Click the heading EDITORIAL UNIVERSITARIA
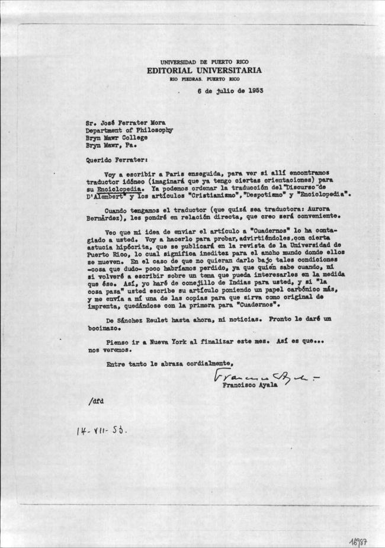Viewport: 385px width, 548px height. pos(204,70)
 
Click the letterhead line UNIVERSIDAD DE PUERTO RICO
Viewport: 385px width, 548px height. pos(204,62)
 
